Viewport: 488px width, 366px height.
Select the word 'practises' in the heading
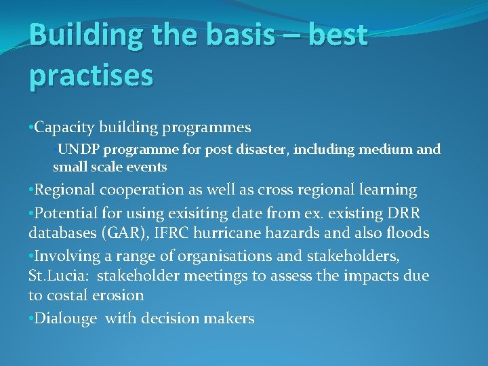pyautogui.click(x=91, y=76)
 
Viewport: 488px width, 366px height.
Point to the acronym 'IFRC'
pyautogui.click(x=179, y=233)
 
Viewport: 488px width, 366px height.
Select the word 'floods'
pyautogui.click(x=405, y=233)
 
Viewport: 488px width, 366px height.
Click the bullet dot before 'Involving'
pyautogui.click(x=31, y=256)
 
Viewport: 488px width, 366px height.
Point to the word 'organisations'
pyautogui.click(x=218, y=256)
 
